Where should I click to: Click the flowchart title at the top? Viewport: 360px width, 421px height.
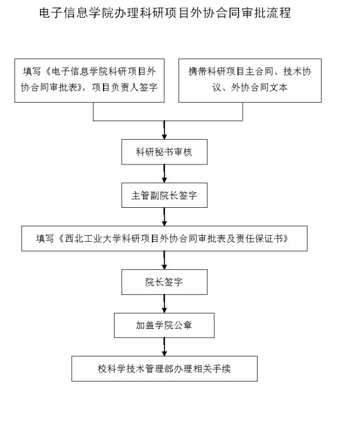[x=165, y=13]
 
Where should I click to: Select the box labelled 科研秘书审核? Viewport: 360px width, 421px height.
[x=164, y=152]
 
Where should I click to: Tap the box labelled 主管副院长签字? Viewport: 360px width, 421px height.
[x=164, y=195]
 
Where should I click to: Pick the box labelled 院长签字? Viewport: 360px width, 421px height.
[x=164, y=282]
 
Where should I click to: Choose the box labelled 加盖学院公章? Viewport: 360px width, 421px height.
[x=164, y=325]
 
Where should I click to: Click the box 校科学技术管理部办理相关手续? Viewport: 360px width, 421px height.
[x=164, y=368]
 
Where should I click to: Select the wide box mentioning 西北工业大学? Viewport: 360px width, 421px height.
[x=164, y=238]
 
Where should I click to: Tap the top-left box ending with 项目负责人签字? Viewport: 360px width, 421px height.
[x=89, y=81]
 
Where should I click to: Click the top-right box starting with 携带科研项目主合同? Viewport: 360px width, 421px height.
[x=250, y=81]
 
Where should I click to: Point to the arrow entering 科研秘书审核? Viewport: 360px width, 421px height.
[x=164, y=130]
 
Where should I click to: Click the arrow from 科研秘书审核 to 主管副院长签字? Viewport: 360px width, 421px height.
[x=164, y=174]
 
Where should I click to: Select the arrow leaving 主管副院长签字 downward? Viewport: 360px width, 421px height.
[x=164, y=217]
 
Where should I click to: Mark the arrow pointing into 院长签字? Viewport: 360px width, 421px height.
[x=164, y=260]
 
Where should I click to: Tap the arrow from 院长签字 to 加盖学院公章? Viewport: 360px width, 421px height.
[x=164, y=304]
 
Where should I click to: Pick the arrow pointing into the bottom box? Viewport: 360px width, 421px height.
[x=164, y=347]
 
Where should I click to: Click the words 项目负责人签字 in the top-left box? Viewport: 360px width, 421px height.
[x=124, y=87]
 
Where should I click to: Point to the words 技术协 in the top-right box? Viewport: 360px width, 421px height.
[x=297, y=71]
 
